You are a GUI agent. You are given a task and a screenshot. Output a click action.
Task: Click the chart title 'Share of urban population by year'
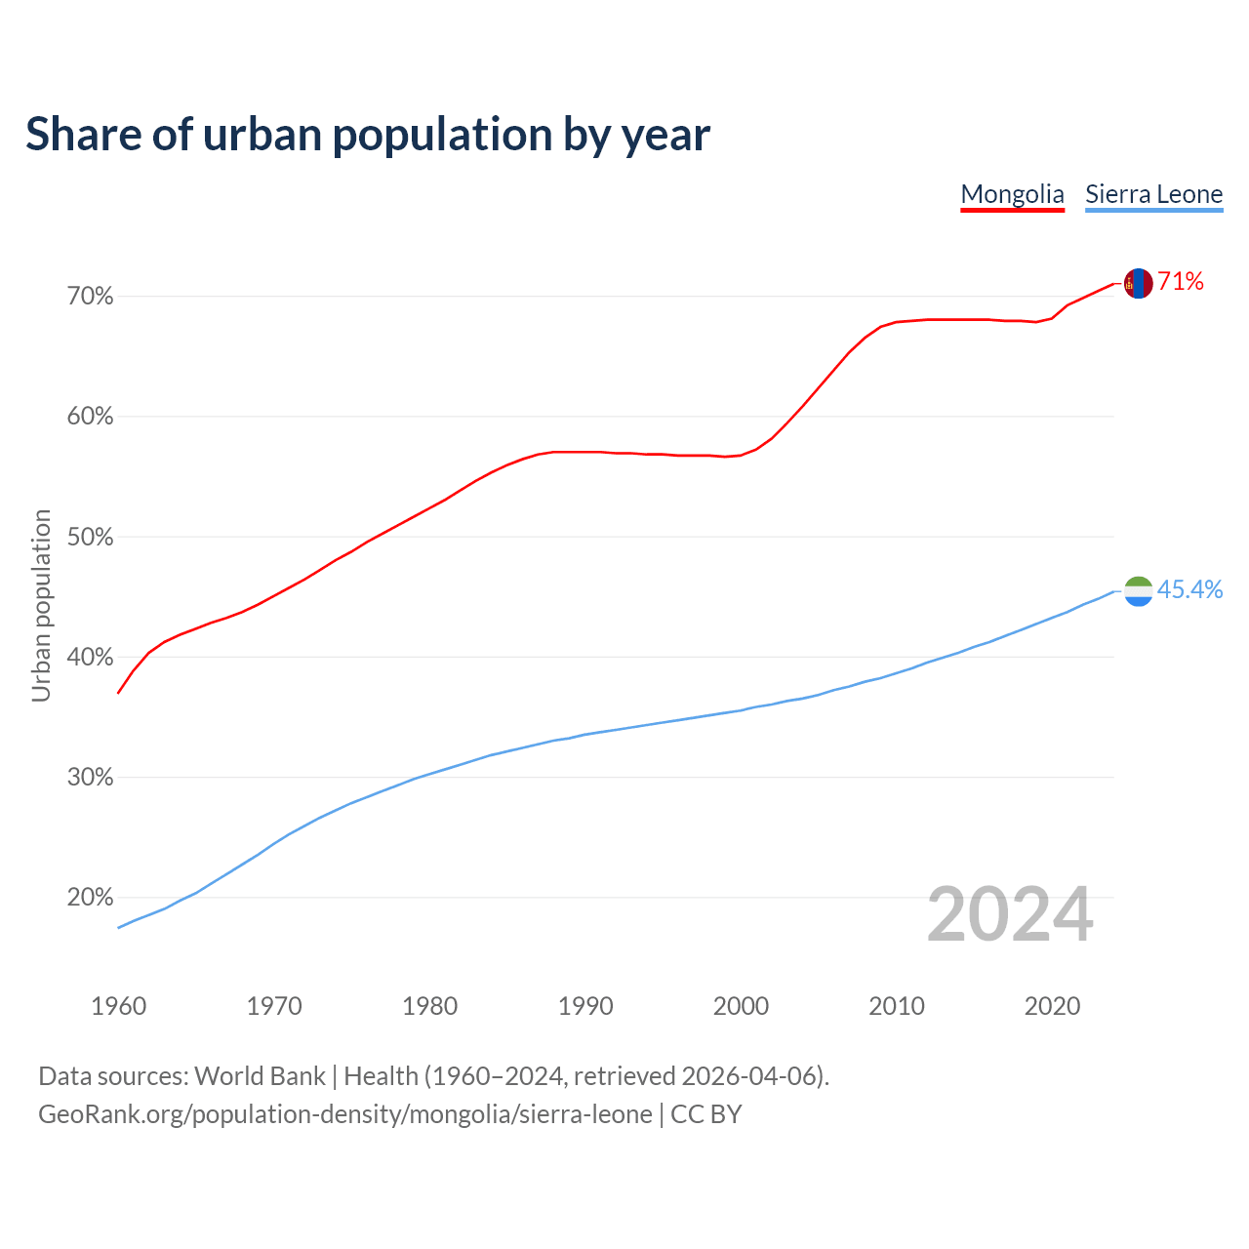point(368,135)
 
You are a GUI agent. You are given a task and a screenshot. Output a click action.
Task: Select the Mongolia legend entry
point(1012,194)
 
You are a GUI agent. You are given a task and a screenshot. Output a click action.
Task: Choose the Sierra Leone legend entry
point(1153,194)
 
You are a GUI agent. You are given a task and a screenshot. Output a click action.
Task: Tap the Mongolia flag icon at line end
point(1138,283)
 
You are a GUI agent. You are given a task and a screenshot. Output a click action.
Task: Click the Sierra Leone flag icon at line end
point(1138,590)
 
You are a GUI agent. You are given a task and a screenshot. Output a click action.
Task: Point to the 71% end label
point(1181,282)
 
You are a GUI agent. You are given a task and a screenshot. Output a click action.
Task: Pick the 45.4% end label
point(1189,589)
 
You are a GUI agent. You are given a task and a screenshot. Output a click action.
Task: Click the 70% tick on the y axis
point(90,296)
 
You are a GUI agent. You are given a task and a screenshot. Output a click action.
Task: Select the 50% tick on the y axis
point(90,537)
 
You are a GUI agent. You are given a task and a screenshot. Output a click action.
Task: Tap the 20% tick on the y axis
point(90,898)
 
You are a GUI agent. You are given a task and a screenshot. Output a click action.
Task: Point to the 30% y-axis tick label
point(90,778)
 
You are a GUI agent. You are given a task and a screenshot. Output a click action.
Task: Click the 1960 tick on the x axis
point(118,1006)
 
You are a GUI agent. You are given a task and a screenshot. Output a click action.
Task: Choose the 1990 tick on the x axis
point(585,1006)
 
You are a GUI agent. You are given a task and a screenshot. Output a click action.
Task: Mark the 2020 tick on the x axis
point(1052,1006)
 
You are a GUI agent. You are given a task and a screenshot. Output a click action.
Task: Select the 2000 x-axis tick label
point(741,1006)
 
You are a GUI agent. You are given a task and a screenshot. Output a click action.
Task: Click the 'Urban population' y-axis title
point(41,605)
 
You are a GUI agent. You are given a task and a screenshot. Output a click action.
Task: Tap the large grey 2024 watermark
point(1010,914)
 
